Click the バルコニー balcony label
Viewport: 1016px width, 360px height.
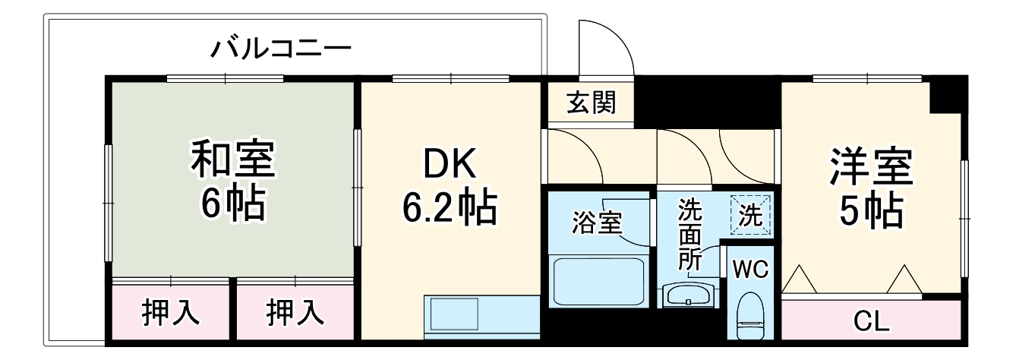[x=281, y=50]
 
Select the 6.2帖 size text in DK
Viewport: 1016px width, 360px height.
[x=449, y=208]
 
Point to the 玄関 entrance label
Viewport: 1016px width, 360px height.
[x=591, y=102]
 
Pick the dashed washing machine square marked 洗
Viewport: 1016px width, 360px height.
[x=750, y=216]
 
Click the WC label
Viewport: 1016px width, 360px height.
[x=750, y=268]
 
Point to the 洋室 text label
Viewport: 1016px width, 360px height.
[x=871, y=167]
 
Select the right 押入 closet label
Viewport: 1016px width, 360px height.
[x=295, y=312]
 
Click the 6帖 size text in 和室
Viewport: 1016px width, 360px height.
[x=232, y=203]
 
